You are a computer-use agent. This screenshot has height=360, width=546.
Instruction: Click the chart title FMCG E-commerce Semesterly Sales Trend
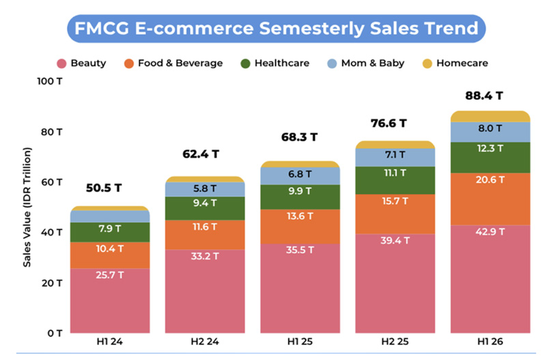(276, 28)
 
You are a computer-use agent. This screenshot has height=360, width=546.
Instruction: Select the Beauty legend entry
(81, 63)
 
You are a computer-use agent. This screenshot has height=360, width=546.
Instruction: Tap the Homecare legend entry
(455, 63)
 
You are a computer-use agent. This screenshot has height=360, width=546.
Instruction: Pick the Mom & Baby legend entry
(366, 63)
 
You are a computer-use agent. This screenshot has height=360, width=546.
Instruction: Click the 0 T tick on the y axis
(55, 333)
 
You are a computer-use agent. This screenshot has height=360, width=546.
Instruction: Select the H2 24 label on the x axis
(205, 342)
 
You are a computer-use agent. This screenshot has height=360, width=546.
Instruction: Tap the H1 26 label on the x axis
(490, 342)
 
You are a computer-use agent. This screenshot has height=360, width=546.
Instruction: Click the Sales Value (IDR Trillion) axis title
(27, 207)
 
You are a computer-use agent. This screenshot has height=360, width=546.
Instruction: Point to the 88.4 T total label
(484, 96)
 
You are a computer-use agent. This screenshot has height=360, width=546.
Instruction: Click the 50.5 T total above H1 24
(104, 188)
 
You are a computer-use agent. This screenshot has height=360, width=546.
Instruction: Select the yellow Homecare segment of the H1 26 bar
(490, 116)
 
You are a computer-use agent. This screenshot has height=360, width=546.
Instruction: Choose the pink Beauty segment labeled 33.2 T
(205, 291)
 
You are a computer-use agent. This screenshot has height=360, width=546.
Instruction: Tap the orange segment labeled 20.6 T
(490, 199)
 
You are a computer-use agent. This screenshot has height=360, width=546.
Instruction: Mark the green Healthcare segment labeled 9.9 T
(300, 197)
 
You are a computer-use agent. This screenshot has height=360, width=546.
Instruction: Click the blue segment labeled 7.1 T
(395, 158)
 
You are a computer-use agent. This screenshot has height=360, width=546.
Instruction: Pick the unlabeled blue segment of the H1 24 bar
(110, 217)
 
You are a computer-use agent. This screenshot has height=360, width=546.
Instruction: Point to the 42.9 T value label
(490, 232)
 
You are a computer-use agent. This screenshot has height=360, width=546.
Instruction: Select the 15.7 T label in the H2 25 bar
(395, 201)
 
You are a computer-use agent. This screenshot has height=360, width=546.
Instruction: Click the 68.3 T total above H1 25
(300, 137)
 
